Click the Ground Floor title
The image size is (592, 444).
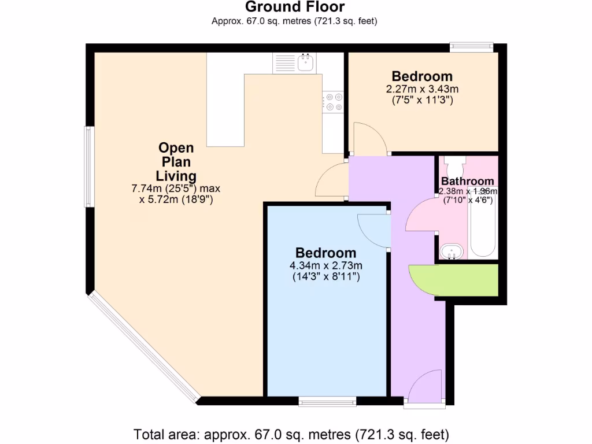(x=295, y=8)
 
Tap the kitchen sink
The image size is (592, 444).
(x=305, y=61)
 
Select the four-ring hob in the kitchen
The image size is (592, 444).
(x=333, y=102)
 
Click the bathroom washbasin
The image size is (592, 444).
(x=451, y=251)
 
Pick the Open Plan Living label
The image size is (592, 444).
(x=176, y=162)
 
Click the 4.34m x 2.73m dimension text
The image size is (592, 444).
(x=326, y=265)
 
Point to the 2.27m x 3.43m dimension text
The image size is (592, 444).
(x=422, y=89)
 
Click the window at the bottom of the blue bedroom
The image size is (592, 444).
(x=328, y=401)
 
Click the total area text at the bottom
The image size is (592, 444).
(x=291, y=434)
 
